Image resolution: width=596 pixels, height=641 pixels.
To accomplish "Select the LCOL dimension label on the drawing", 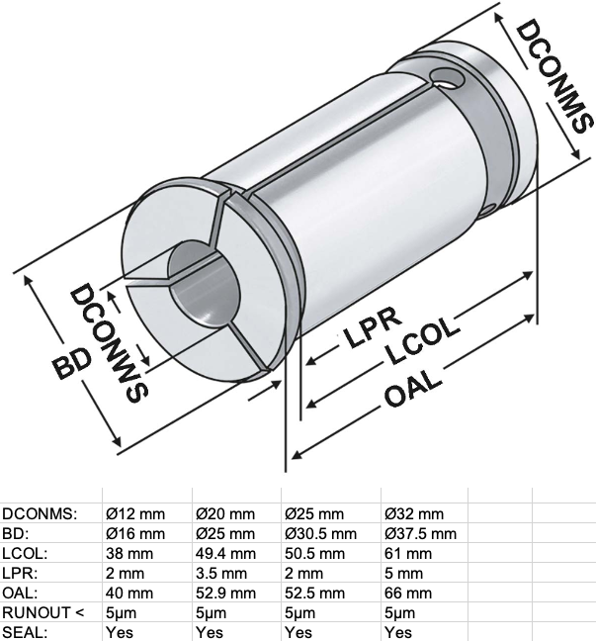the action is point(422,340).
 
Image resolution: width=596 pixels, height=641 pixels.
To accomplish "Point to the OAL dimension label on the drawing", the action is point(412,389).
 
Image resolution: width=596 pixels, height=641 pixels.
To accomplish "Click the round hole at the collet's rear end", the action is point(448,78).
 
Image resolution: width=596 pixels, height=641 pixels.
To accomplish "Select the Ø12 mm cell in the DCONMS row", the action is point(135,513).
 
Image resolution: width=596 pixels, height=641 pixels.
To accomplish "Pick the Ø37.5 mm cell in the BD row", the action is point(420,533).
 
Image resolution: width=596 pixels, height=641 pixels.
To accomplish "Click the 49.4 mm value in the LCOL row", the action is point(225,554).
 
